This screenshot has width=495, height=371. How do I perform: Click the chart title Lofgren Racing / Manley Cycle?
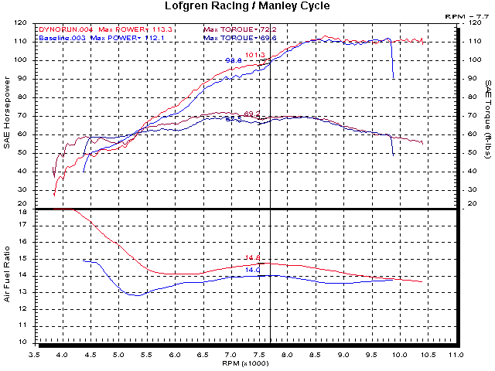[247, 6]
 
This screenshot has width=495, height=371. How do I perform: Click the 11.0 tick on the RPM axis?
[456, 355]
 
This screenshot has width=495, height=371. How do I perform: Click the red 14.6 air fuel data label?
[251, 257]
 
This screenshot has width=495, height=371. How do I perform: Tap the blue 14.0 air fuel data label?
[251, 269]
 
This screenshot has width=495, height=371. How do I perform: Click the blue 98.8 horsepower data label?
[233, 60]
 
